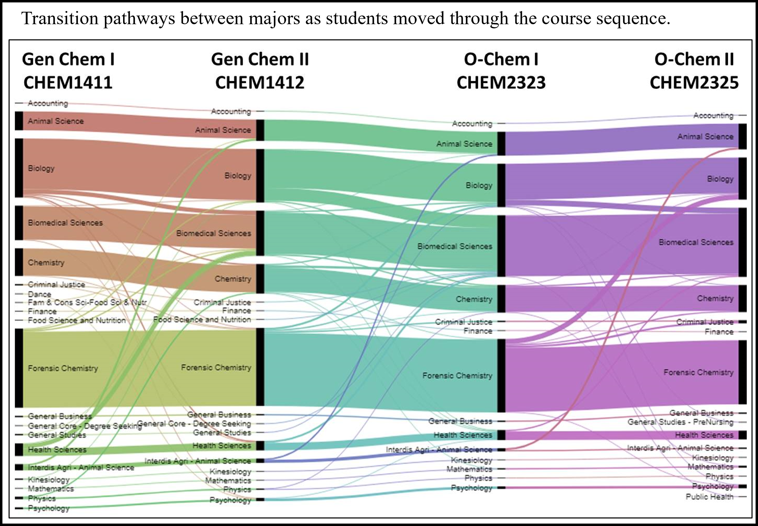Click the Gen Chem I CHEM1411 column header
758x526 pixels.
coord(68,71)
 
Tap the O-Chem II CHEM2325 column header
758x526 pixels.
coord(694,71)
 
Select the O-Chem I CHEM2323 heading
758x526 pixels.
coord(501,71)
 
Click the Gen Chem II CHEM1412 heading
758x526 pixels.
coord(260,71)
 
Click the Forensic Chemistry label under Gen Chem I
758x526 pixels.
coord(63,368)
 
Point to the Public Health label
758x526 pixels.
coord(710,497)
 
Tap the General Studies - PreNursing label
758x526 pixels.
coord(681,422)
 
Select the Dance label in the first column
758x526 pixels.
coord(39,294)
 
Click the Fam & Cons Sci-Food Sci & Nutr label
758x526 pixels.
coord(87,302)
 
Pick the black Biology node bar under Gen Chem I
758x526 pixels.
coord(19,168)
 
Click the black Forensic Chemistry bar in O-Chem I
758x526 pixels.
coord(501,376)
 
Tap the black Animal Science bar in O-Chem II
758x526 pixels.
coord(742,137)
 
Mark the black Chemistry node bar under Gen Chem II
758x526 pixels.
coord(260,279)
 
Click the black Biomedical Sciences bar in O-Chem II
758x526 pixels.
coord(742,242)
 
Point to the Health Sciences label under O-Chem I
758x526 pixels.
coord(463,435)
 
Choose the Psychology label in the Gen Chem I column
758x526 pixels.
coord(49,508)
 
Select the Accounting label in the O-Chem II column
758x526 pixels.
coord(713,115)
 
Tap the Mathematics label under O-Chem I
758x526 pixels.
coord(469,469)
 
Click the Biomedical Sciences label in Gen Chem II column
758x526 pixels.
coord(214,233)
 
